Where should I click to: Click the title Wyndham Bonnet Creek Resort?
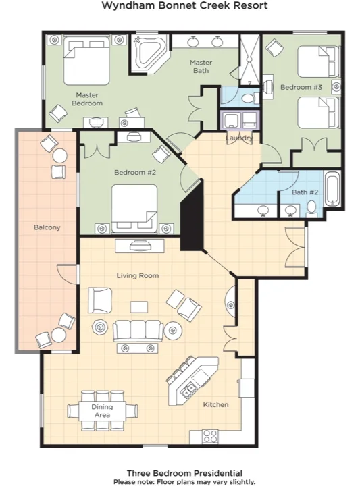(184, 6)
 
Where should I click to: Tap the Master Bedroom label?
(88, 99)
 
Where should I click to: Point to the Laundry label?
(239, 138)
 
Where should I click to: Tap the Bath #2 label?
(305, 192)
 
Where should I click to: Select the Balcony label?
(47, 227)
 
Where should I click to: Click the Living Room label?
(137, 275)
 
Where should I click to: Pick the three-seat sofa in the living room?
(138, 330)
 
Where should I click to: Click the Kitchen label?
(216, 405)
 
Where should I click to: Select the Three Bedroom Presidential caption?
(184, 474)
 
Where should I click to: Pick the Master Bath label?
(201, 67)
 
